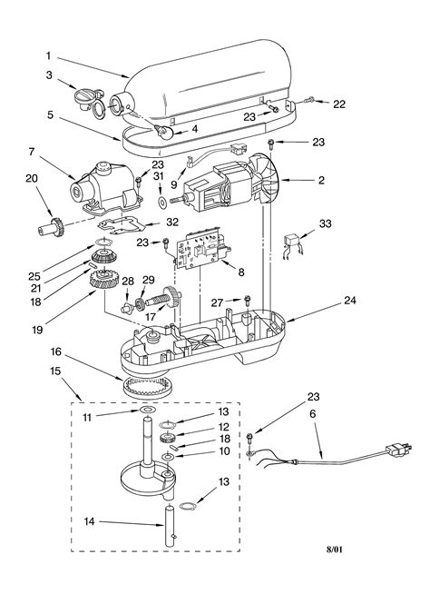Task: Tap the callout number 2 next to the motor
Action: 320,182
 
